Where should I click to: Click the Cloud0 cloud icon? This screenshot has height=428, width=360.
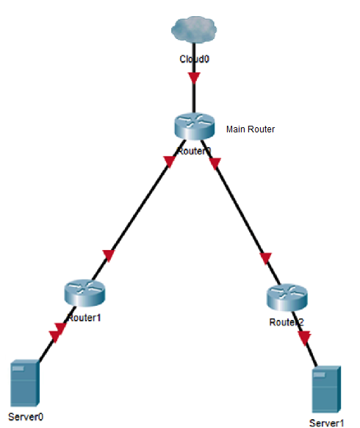coord(195,29)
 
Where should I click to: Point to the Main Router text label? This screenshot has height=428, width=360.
coord(251,129)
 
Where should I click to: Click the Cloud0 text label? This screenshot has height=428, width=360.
coord(195,57)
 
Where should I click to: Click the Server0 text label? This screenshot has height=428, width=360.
coord(26,417)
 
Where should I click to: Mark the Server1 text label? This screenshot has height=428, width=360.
coord(327,423)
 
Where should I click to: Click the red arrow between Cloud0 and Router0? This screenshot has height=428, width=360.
coord(195,77)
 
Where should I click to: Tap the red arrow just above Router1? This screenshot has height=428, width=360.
coord(109,256)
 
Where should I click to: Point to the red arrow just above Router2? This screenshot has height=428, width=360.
coord(266,259)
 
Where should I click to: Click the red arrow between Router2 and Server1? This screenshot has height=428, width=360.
coord(304,337)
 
